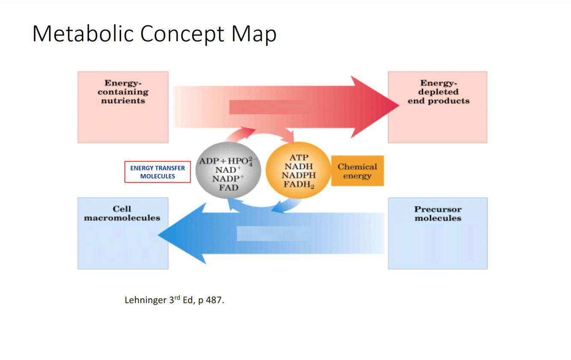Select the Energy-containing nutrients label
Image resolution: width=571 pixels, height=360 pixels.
coord(123,92)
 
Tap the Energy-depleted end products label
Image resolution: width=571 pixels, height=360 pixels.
coord(438,92)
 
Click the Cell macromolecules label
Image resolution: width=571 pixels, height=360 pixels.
coord(122,213)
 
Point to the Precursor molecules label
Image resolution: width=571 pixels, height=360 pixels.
coord(437,214)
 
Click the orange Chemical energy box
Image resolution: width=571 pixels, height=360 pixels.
coord(357,171)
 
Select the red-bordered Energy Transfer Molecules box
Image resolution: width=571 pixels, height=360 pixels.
coord(158,172)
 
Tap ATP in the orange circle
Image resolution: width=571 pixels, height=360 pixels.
coord(298,158)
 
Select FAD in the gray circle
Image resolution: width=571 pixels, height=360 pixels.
coord(229,187)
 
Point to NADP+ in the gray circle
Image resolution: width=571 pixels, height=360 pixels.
coord(229,179)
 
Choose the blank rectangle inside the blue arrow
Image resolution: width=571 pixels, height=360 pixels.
coord(271,234)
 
